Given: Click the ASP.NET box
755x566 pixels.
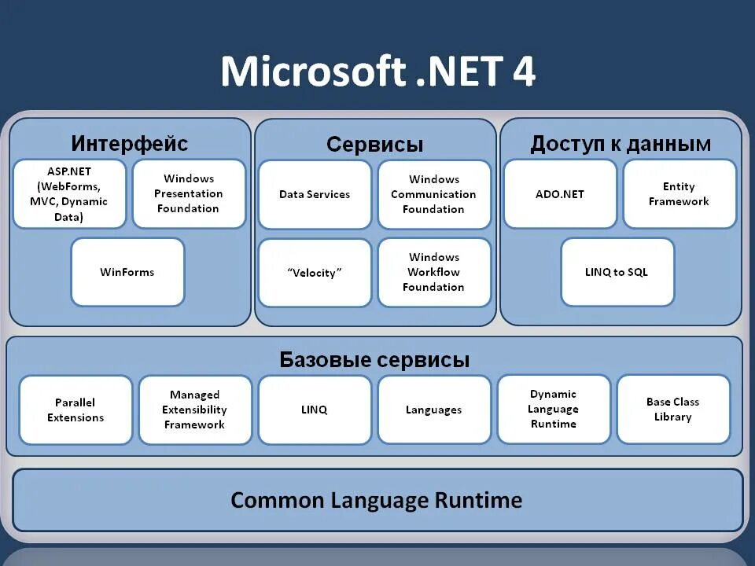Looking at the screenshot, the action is [x=70, y=194].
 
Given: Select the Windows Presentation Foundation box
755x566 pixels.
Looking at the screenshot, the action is [x=189, y=194].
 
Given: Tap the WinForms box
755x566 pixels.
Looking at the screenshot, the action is [x=127, y=272].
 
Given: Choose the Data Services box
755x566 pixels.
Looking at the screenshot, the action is [x=315, y=194].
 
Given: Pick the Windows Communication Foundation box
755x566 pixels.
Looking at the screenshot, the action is [x=434, y=194].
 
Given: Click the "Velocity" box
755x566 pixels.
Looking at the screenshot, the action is [x=315, y=273].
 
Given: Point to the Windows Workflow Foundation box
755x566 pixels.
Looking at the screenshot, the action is [x=434, y=272].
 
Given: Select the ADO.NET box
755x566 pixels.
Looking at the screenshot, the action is [x=560, y=194].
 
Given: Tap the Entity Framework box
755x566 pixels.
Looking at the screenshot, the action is [x=679, y=194].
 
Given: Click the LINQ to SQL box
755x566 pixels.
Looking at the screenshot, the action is [x=617, y=272].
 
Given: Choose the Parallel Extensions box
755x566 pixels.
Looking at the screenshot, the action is [x=75, y=410].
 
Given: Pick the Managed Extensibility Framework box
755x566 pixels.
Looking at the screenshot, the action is [x=195, y=410].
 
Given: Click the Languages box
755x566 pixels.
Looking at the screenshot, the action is [x=434, y=410].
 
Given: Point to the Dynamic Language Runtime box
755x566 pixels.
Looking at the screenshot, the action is [x=554, y=409].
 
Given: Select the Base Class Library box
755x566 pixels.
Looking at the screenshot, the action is [x=673, y=409].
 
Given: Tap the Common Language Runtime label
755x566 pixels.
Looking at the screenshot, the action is [x=377, y=500].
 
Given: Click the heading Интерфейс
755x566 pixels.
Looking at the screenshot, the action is [x=130, y=144].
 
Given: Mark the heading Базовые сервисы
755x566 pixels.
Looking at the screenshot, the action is [x=374, y=360].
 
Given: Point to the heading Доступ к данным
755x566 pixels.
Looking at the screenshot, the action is [x=621, y=144].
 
